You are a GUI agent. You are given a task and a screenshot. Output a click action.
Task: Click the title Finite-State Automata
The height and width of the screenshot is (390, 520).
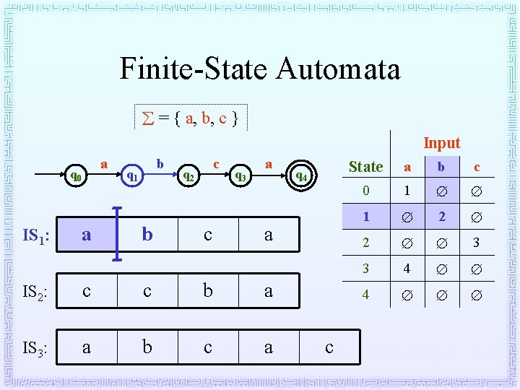(x=259, y=69)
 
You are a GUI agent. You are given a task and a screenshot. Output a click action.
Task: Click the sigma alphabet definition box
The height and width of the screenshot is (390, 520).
(x=191, y=117)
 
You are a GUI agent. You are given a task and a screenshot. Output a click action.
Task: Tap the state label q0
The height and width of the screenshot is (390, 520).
(x=76, y=175)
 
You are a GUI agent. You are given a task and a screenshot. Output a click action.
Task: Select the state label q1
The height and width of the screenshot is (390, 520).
(x=132, y=175)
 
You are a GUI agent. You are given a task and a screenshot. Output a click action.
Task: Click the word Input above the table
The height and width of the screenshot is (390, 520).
(x=441, y=143)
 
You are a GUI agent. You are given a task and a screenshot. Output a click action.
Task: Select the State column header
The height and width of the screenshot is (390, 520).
(x=365, y=167)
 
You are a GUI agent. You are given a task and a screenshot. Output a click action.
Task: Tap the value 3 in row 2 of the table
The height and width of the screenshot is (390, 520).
(x=477, y=243)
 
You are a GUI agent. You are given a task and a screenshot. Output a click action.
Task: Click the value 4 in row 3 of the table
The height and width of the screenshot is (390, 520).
(x=407, y=269)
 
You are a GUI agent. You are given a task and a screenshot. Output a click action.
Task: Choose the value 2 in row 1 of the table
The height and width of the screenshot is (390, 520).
(x=442, y=217)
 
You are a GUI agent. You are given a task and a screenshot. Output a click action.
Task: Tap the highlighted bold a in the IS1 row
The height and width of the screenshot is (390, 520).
(x=87, y=235)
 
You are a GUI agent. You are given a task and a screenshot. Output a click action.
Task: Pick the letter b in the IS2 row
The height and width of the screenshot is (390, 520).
(x=208, y=290)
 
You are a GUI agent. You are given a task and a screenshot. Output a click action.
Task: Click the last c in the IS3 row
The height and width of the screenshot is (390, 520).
(x=329, y=347)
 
